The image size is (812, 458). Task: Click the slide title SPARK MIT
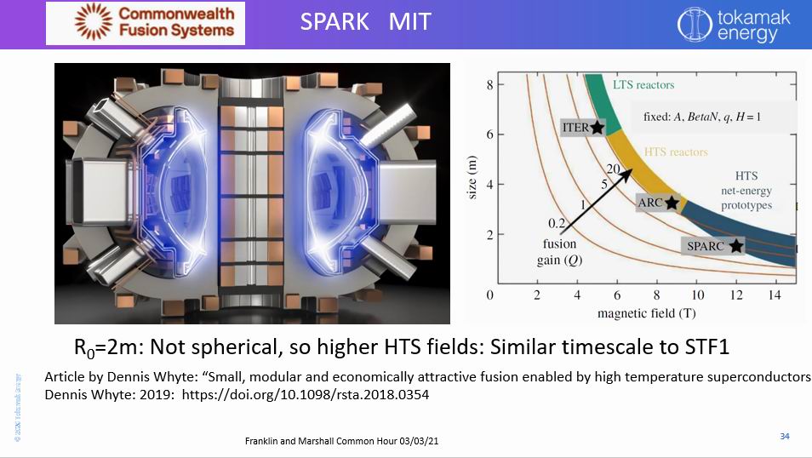(365, 22)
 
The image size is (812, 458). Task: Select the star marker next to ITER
(597, 128)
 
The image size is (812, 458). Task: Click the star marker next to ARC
(672, 203)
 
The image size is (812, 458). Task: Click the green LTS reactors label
(643, 85)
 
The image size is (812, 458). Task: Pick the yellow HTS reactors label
(676, 152)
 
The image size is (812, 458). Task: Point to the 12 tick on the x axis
(737, 295)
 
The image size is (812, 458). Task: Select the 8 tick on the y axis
(489, 84)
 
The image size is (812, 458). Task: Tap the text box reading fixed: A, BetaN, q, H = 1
(701, 117)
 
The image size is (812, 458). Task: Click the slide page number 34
(785, 437)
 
